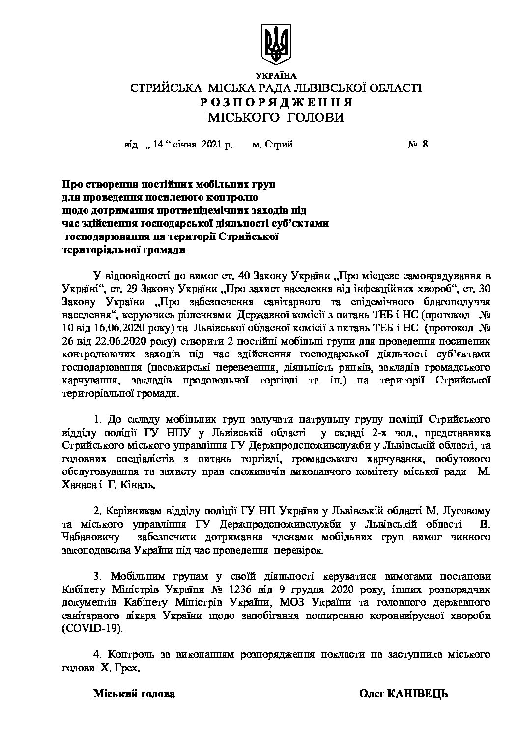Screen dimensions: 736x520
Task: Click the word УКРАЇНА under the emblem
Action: point(276,76)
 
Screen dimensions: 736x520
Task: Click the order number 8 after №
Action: point(425,145)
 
